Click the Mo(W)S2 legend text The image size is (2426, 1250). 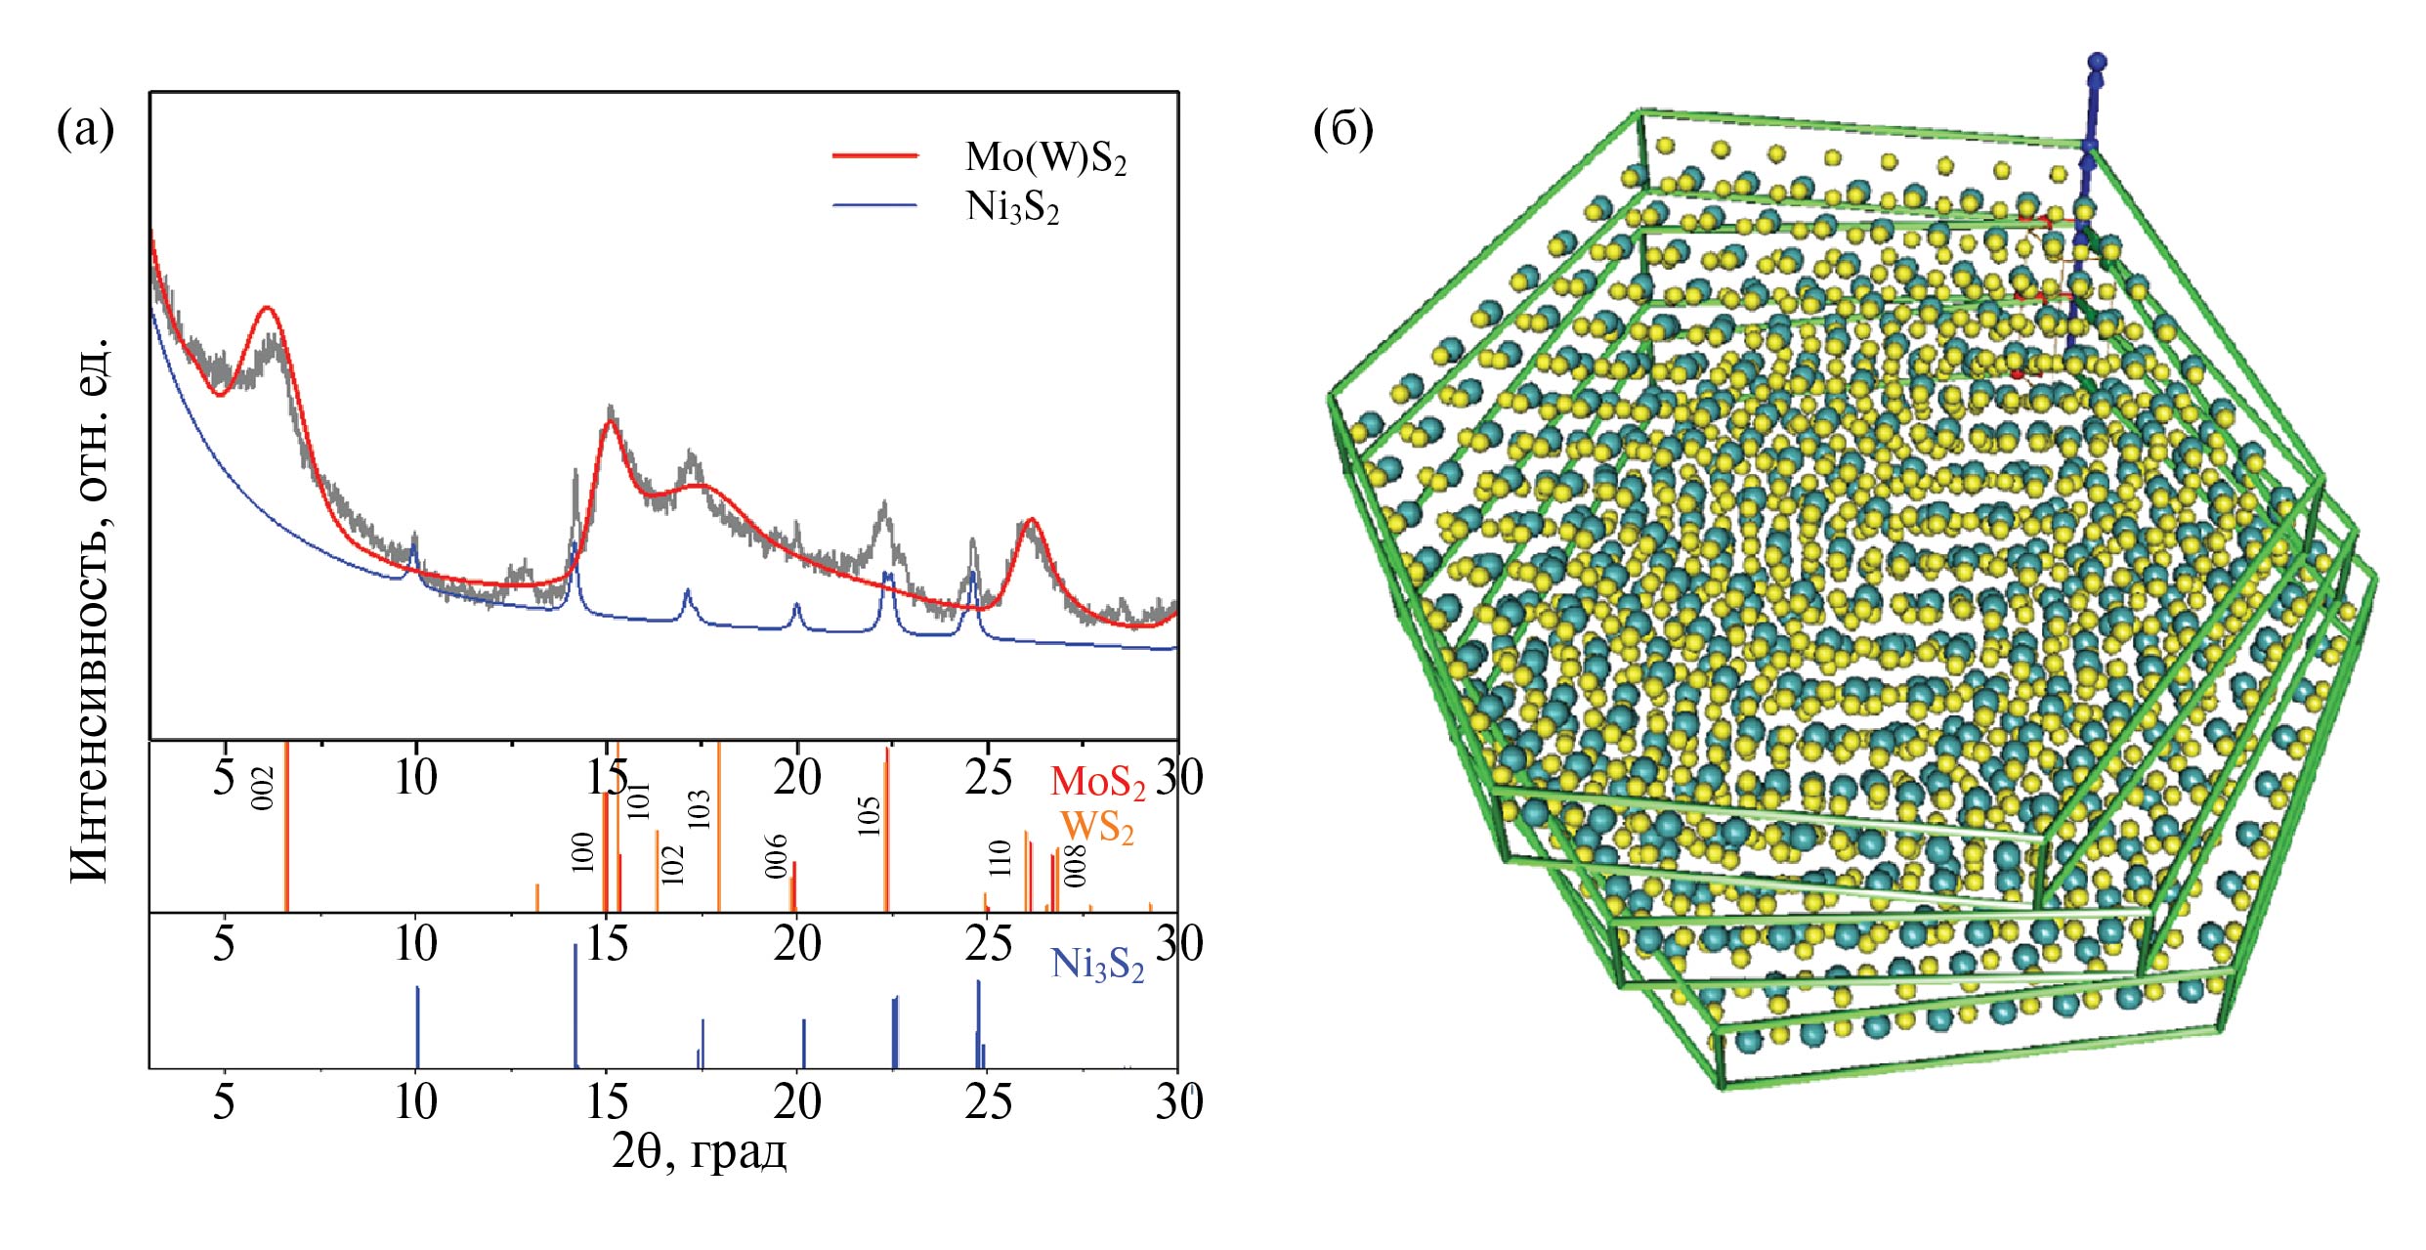click(x=1045, y=157)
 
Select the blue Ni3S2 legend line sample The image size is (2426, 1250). click(x=874, y=206)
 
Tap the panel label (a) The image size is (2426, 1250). click(x=86, y=129)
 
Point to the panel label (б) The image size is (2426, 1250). click(x=1342, y=129)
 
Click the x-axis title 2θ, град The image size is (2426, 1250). click(x=699, y=1152)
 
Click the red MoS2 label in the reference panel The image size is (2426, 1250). click(x=1097, y=782)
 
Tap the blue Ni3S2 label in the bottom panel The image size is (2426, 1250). click(x=1096, y=966)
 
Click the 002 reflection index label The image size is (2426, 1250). click(x=263, y=788)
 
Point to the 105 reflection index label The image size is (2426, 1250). click(x=869, y=816)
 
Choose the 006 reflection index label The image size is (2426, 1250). click(x=776, y=856)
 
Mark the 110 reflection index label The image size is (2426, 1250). click(x=999, y=858)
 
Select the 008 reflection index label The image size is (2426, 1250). click(x=1075, y=866)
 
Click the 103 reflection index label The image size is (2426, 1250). click(x=699, y=810)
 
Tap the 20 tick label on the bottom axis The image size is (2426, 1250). click(x=797, y=1102)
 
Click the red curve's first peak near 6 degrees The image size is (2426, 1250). click(x=267, y=309)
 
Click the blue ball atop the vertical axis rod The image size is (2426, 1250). click(x=2097, y=63)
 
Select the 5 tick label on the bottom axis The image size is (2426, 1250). click(x=224, y=1102)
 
